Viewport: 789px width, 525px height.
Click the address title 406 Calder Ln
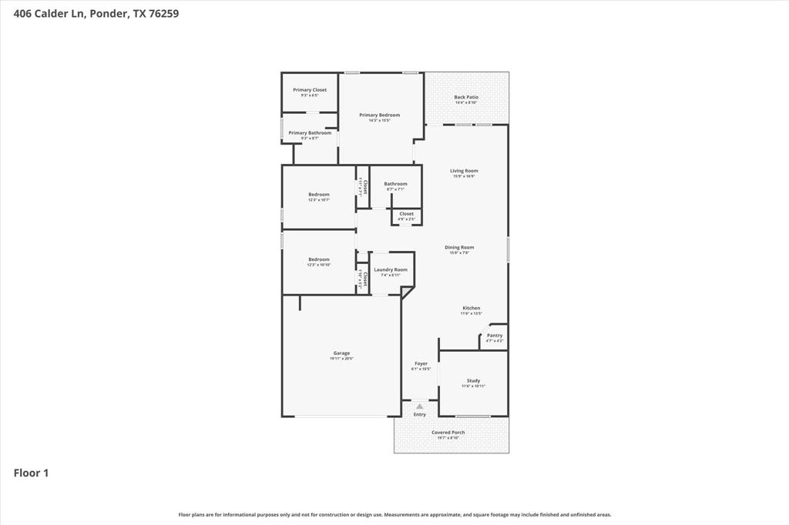[96, 13]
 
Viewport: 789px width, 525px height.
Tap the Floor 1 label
[31, 473]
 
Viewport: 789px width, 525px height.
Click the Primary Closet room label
[309, 90]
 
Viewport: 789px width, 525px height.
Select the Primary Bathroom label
[310, 133]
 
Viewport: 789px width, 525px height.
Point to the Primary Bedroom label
[379, 115]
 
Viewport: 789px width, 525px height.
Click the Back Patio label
[466, 98]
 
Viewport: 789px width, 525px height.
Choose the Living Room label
[464, 171]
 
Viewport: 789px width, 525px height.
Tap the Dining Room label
[459, 248]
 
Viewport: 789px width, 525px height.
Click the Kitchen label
[472, 308]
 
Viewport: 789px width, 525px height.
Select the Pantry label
[495, 336]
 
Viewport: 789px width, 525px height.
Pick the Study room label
[473, 381]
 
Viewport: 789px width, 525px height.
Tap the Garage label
[341, 353]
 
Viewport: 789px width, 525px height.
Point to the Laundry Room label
[391, 270]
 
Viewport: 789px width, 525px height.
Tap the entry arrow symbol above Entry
[420, 406]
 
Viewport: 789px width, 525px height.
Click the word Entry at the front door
[420, 415]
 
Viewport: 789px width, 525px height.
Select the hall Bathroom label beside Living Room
[395, 184]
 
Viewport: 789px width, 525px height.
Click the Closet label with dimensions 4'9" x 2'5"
[406, 214]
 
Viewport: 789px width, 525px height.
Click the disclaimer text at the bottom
[394, 515]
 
